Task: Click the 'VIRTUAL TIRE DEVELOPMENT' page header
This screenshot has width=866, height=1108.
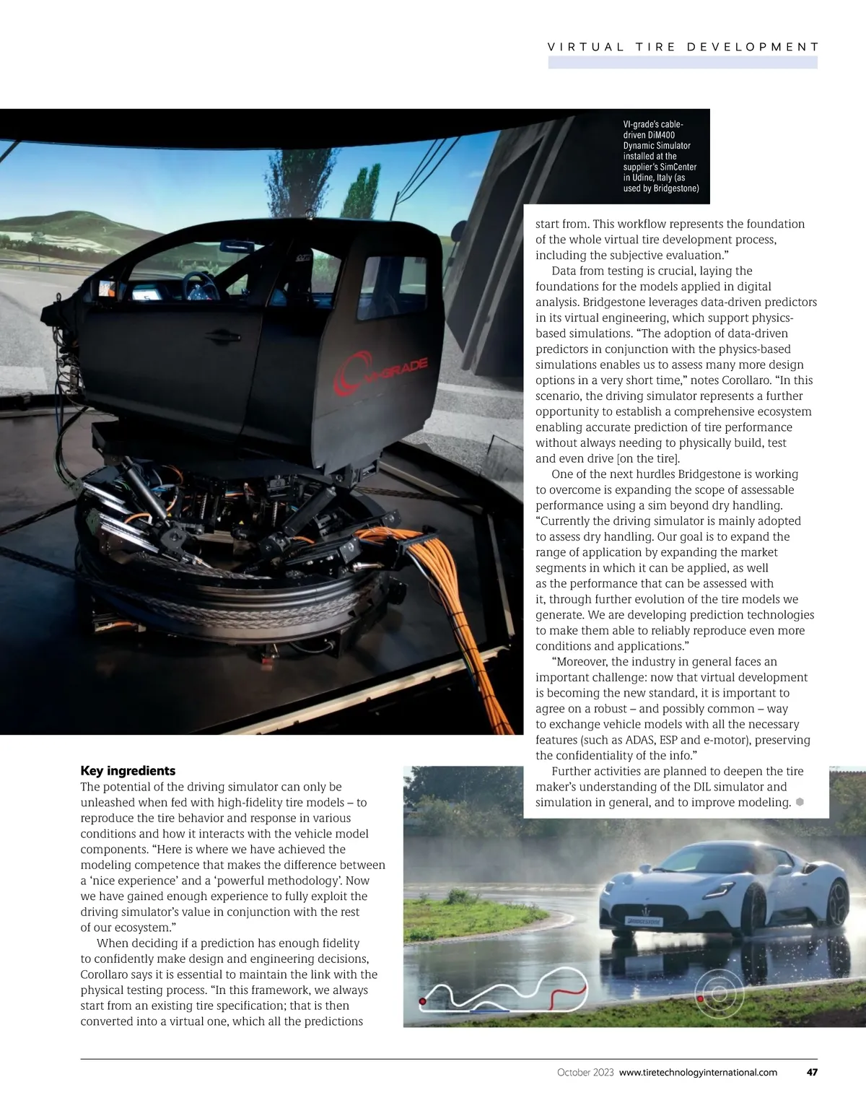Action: click(683, 47)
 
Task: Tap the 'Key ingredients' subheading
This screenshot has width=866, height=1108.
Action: click(128, 771)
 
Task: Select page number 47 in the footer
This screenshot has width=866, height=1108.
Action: click(812, 1073)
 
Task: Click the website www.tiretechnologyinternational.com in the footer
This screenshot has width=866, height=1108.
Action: click(698, 1073)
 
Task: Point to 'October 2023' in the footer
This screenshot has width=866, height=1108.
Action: click(585, 1073)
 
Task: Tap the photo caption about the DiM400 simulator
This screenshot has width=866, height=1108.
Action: click(660, 157)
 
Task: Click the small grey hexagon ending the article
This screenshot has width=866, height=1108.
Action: click(800, 803)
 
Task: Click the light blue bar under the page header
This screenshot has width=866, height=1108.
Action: click(683, 63)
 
